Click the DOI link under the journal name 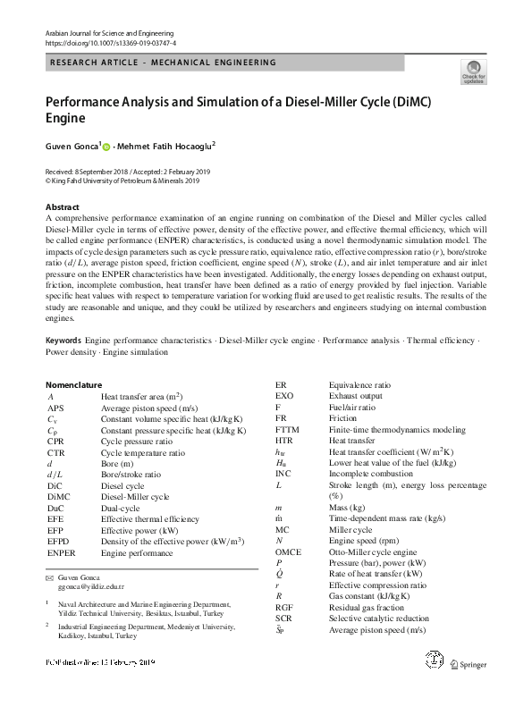110,42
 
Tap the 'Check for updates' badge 473,71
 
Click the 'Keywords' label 63,341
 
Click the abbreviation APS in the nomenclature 57,407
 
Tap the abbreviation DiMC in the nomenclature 60,496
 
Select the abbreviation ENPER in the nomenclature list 63,553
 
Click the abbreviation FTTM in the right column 289,429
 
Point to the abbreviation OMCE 289,552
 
